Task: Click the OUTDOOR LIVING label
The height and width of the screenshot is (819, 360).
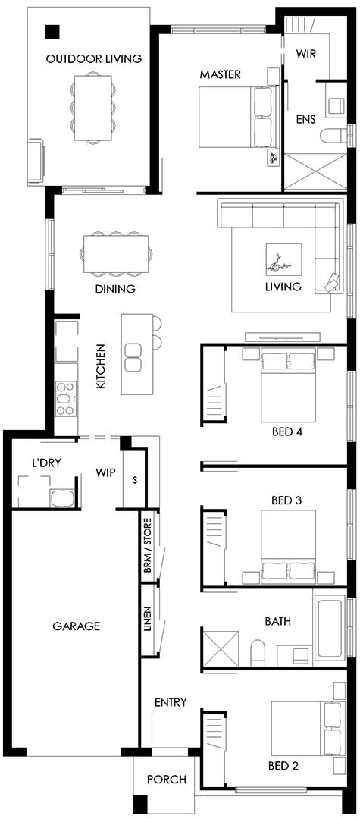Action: (x=93, y=58)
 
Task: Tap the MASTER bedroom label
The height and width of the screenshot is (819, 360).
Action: (x=220, y=74)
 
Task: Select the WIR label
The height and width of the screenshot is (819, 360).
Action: (x=306, y=54)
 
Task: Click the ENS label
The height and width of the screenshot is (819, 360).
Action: (x=305, y=119)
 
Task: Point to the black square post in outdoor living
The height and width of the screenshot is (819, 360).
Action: (x=52, y=31)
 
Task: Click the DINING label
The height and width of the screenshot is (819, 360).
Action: (x=115, y=289)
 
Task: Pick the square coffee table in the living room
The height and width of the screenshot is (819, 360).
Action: (x=283, y=262)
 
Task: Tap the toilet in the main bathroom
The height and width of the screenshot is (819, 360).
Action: (x=258, y=654)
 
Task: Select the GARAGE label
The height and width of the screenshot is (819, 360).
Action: (x=76, y=626)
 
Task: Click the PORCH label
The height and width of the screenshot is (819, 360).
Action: (x=166, y=780)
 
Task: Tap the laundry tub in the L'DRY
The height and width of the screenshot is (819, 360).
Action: (x=61, y=498)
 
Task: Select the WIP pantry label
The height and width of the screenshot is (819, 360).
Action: (x=105, y=472)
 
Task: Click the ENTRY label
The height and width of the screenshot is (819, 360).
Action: (x=171, y=702)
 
